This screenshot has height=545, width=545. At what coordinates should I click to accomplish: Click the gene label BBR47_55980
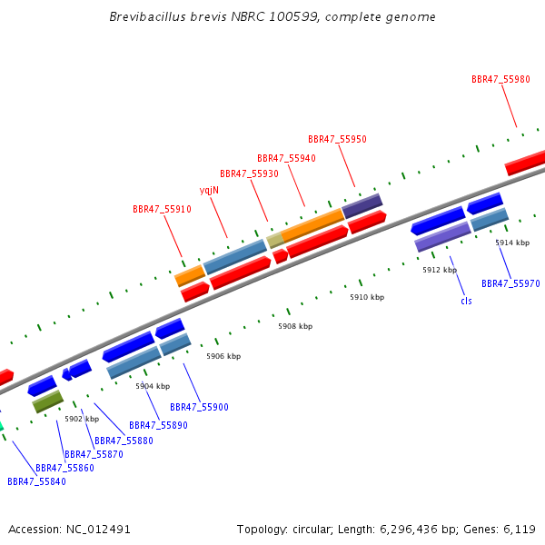coord(500,79)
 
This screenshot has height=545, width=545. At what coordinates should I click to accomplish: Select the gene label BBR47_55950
coord(337,139)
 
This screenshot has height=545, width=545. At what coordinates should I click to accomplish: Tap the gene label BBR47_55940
coord(286,158)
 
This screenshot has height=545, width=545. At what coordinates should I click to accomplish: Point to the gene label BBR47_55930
coord(249,173)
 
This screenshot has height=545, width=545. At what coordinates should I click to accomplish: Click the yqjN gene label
coord(209,190)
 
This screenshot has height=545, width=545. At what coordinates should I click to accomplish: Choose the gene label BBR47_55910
coord(162,209)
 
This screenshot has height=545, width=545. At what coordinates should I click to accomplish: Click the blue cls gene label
coord(466,301)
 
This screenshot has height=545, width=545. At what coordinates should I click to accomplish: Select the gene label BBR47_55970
coord(510,283)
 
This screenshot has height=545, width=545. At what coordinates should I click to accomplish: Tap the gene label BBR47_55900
coord(199,407)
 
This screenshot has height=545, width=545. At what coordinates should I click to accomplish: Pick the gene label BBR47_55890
coord(158,425)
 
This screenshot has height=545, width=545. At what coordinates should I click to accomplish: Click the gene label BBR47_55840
coord(36,481)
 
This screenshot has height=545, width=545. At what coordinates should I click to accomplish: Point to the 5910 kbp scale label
coord(367,297)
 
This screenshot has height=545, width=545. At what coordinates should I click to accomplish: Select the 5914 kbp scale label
coord(512,243)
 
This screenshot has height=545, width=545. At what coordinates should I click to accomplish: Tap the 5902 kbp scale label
coord(82,419)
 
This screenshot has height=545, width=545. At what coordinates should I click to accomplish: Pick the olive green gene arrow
coord(48,401)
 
